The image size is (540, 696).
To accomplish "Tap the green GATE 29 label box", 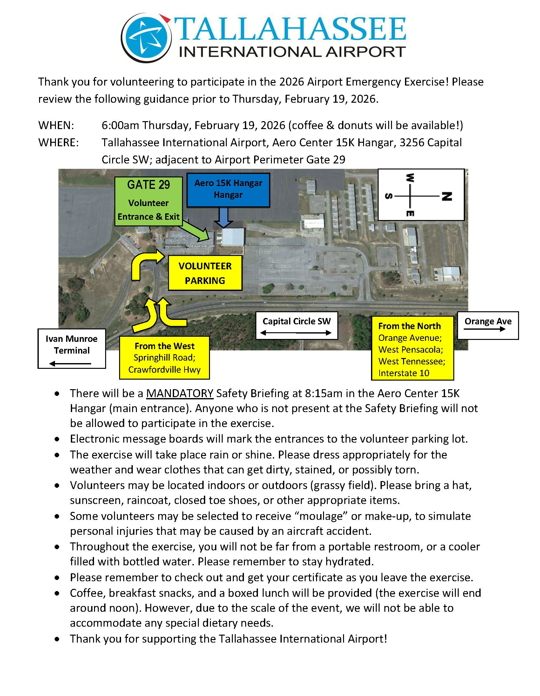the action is coord(148,201).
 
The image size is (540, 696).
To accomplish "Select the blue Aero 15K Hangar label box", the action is coord(228,190).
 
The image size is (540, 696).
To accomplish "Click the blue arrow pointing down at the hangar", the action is coord(224,218).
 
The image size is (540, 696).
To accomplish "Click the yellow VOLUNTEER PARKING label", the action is coord(205,273).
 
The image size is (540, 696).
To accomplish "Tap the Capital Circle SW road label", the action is coord(296,325).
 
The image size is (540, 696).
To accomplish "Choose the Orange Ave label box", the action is coord(488,325).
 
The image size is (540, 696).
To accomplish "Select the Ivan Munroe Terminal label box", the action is coord(72,349).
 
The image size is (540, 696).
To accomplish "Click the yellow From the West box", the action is coord(164,358).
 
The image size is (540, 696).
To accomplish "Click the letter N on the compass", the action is coord(446,196).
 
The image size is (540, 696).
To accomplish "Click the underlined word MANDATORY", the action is coord(179,393).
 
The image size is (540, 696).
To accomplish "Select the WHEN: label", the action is coord(56,125).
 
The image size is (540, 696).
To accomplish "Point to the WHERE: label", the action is coord(58,142).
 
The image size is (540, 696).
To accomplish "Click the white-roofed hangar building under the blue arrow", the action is coord(233,237).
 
